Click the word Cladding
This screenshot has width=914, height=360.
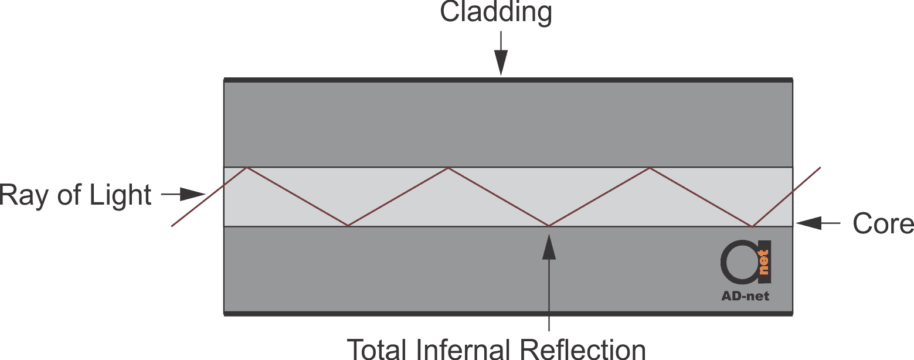click(x=496, y=12)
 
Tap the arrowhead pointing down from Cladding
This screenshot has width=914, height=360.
click(x=501, y=63)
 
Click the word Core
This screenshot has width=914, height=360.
click(x=883, y=223)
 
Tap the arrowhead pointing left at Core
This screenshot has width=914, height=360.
click(x=808, y=223)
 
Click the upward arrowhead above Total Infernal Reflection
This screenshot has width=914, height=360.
click(x=549, y=247)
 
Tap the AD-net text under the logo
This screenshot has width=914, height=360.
click(x=745, y=296)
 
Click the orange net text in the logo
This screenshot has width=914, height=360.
click(x=763, y=262)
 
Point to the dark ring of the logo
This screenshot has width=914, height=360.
click(x=723, y=262)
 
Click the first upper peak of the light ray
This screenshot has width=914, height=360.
click(x=246, y=167)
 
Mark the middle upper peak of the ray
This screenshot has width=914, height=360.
click(x=448, y=168)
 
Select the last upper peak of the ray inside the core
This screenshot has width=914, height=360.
click(x=650, y=168)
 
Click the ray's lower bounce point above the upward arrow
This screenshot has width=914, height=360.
click(x=549, y=226)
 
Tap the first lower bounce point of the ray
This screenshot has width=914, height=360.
click(x=348, y=225)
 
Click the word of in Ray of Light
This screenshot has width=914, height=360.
click(x=69, y=195)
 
